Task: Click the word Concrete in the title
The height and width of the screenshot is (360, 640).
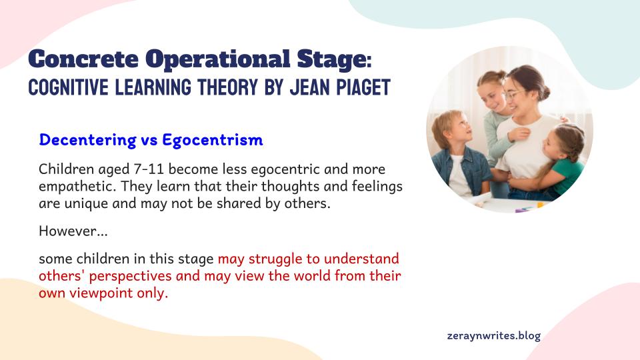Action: pyautogui.click(x=83, y=59)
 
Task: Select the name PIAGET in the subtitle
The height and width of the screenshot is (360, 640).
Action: pyautogui.click(x=363, y=87)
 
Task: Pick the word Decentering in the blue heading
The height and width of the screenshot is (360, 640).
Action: pyautogui.click(x=88, y=140)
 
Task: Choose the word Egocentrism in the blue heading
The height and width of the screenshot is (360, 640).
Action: pyautogui.click(x=213, y=140)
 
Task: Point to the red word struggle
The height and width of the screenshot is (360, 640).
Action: pyautogui.click(x=275, y=259)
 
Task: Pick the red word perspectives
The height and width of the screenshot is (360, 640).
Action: pyautogui.click(x=130, y=276)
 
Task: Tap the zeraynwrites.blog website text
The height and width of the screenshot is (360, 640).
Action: pyautogui.click(x=494, y=336)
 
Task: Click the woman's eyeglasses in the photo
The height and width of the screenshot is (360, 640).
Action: pyautogui.click(x=513, y=95)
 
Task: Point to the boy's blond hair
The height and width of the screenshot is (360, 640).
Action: pyautogui.click(x=447, y=124)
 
